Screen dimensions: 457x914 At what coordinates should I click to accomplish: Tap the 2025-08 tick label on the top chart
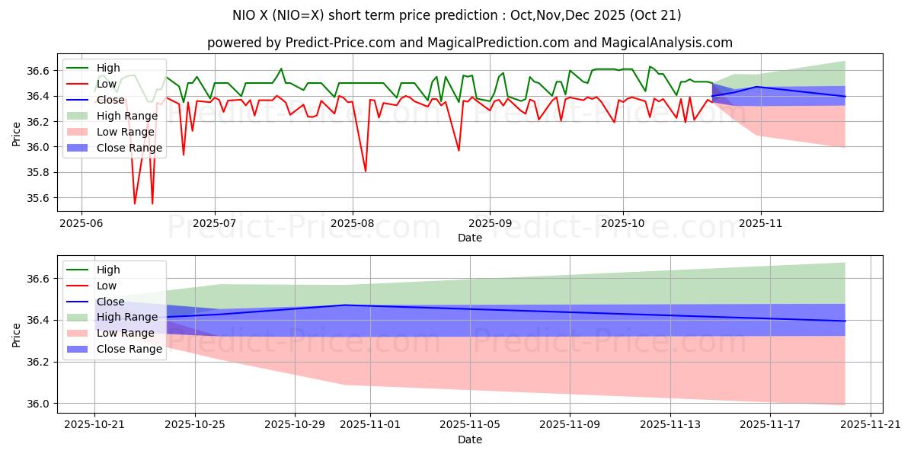pos(352,225)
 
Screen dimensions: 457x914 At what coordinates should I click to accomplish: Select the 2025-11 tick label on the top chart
pos(760,225)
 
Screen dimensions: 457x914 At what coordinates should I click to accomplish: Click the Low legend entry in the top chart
pos(107,84)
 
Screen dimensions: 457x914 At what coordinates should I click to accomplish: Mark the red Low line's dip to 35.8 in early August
pos(366,171)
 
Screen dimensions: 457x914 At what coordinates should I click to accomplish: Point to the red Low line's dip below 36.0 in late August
pos(459,150)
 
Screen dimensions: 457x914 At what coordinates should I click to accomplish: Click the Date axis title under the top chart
pos(470,238)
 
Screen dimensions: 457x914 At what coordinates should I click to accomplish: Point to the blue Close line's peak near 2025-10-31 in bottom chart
pos(345,305)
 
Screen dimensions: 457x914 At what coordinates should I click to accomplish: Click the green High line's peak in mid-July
pos(281,69)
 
